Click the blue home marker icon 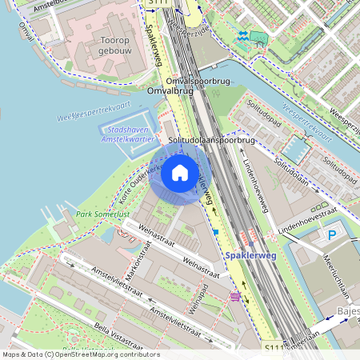click(x=180, y=172)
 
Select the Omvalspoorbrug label click(x=199, y=82)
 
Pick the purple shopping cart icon click(x=234, y=296)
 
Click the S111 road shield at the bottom click(x=275, y=350)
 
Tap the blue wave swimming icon click(x=241, y=36)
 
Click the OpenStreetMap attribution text click(x=80, y=354)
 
